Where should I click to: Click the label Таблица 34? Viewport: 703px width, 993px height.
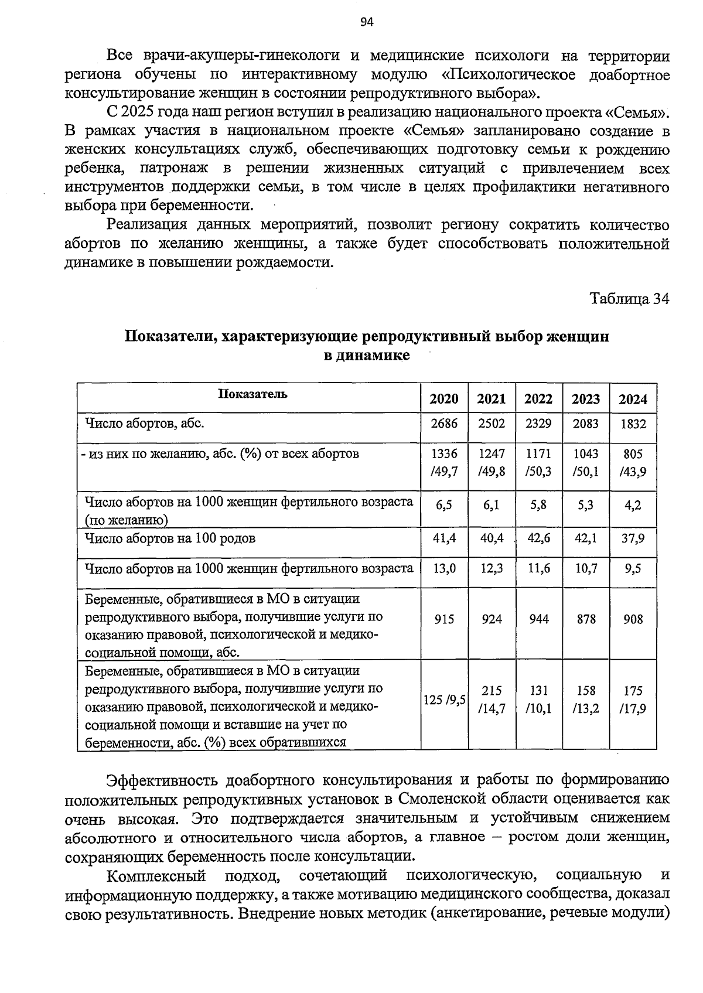point(629,299)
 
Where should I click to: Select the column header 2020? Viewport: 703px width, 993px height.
point(444,399)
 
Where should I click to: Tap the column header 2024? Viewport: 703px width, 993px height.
point(633,399)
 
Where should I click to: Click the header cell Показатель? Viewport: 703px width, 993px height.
point(252,394)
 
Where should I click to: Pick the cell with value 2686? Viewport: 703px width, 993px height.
point(444,423)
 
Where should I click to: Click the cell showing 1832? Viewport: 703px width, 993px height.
point(633,423)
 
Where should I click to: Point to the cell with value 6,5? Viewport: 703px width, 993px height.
point(444,504)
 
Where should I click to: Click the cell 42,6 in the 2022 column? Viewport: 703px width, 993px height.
point(538,538)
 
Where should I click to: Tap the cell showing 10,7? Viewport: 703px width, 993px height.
point(586,568)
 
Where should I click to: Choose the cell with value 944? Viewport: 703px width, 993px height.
point(538,619)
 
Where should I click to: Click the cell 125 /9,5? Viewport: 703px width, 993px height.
point(445,699)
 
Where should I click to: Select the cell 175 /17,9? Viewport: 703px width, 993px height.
point(633,699)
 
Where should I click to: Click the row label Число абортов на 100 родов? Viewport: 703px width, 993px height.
point(170,538)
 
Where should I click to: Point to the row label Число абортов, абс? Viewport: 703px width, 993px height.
point(144,423)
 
